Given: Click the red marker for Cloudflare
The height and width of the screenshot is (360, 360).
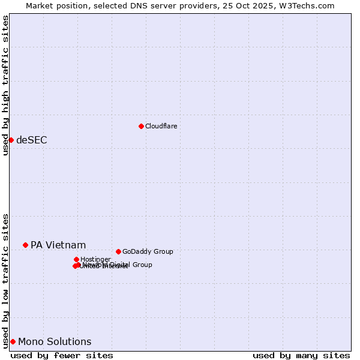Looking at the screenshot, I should point(141,126).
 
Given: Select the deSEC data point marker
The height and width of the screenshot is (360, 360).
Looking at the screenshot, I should point(11,140).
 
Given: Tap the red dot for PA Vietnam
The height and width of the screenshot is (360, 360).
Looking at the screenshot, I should point(25,245).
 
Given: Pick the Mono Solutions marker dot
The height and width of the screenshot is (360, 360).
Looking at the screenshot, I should point(13,341).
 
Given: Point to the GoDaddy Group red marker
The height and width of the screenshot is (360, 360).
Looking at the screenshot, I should point(118,251).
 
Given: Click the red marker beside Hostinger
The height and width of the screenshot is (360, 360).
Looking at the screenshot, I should point(76,259).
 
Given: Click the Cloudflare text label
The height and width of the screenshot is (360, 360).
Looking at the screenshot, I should point(161,126).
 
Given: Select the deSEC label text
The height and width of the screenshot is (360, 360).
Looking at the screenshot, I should point(31,140).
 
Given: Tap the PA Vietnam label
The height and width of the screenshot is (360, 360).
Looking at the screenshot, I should point(58,245).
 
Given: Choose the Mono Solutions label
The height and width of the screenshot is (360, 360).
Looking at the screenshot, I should point(55,341).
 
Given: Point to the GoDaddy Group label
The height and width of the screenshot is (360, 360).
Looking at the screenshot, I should point(147,251).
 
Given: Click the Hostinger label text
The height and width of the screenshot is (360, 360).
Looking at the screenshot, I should point(95,259).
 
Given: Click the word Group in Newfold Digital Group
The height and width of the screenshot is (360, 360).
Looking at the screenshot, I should point(142,265).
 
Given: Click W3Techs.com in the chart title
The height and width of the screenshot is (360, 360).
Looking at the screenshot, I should point(308,5).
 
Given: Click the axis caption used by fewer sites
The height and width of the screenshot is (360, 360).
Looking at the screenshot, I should point(62,355).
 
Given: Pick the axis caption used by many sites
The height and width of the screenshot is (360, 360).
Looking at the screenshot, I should point(301,355).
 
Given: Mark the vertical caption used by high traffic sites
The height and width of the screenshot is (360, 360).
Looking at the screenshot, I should point(5,85).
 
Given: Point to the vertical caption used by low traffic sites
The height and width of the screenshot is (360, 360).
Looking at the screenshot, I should point(5,280).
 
